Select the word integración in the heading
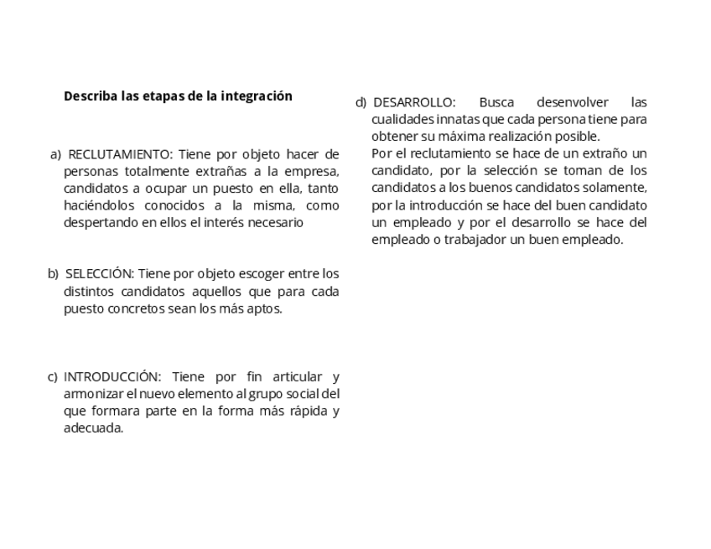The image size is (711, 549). point(257,96)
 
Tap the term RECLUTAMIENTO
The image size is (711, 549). point(119,154)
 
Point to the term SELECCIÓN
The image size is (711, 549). point(99,274)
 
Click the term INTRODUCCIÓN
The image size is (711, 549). point(112,376)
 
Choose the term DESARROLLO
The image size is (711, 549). point(414,102)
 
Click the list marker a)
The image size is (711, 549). point(55,154)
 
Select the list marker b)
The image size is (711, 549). point(53,274)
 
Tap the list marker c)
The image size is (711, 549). point(52,376)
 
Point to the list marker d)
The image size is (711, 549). point(361,102)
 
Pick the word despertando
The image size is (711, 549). point(100,223)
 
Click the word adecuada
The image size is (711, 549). point(93,428)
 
